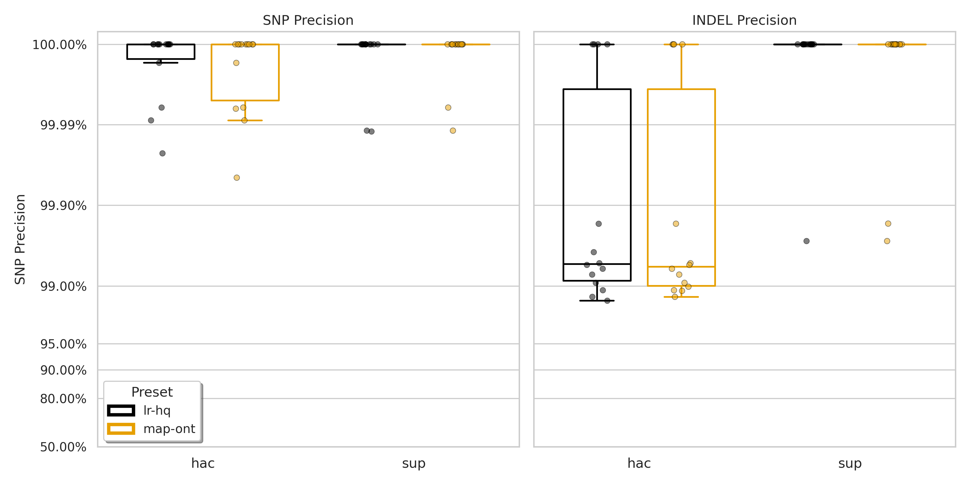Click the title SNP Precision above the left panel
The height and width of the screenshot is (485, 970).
click(x=308, y=20)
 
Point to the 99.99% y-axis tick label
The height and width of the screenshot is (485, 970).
click(x=63, y=125)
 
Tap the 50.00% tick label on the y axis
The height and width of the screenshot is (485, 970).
click(x=63, y=447)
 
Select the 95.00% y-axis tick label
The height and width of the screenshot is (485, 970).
click(x=63, y=344)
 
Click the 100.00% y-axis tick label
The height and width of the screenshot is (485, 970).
click(x=60, y=45)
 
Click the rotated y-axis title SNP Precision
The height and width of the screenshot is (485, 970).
click(x=20, y=240)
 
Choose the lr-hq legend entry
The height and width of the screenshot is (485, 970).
click(x=157, y=410)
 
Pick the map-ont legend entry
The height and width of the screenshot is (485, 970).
click(x=169, y=429)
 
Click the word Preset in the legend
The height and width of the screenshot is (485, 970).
click(x=152, y=392)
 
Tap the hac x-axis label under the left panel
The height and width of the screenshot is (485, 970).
click(x=203, y=463)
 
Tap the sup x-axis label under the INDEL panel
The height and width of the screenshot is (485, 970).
click(x=850, y=463)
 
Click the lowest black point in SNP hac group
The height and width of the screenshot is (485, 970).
click(x=162, y=153)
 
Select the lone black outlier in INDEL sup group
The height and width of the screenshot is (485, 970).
click(x=806, y=241)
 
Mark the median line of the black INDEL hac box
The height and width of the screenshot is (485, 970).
click(x=597, y=264)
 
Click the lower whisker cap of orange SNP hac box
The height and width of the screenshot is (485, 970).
click(x=245, y=120)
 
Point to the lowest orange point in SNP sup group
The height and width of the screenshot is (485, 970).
click(x=453, y=131)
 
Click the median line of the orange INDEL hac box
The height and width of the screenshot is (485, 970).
click(x=681, y=266)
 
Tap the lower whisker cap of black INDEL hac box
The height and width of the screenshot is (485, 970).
click(x=597, y=300)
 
